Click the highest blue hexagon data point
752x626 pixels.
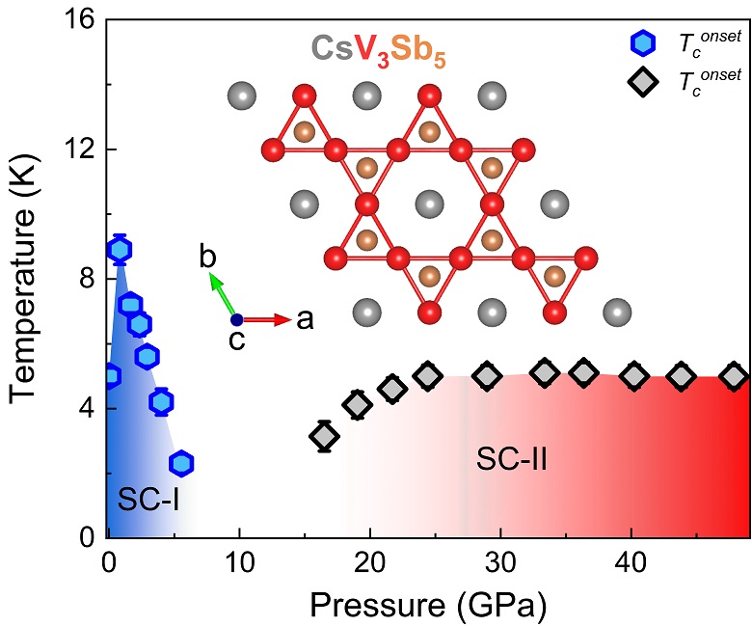pyautogui.click(x=120, y=250)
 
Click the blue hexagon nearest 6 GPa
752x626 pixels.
pyautogui.click(x=181, y=463)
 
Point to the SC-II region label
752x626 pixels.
pyautogui.click(x=512, y=460)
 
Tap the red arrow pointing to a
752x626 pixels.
pyautogui.click(x=268, y=319)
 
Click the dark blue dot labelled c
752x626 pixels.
pyautogui.click(x=236, y=319)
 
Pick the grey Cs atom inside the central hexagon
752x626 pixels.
pyautogui.click(x=430, y=204)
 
